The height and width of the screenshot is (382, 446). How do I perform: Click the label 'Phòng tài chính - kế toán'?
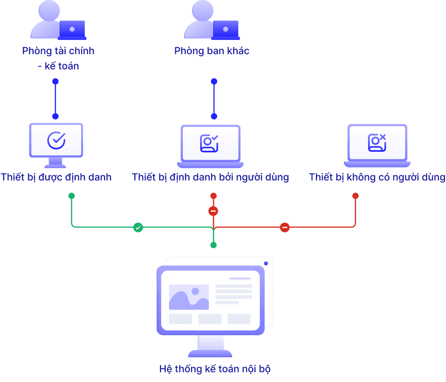(x=58, y=58)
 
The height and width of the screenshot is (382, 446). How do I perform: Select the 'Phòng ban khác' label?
(x=212, y=51)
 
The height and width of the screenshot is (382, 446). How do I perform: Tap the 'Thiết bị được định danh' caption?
(x=56, y=177)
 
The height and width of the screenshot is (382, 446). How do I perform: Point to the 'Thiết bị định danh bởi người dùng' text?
(x=210, y=177)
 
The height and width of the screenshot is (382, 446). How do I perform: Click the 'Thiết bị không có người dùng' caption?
(x=377, y=177)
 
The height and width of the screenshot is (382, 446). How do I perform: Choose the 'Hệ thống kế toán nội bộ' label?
(x=215, y=369)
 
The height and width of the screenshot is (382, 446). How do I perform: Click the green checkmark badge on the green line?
(x=138, y=227)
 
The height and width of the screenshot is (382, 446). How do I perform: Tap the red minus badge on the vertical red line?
(x=213, y=211)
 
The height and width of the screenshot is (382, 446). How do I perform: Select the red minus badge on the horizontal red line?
(x=285, y=227)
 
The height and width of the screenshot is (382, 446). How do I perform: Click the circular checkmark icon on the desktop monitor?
(x=56, y=140)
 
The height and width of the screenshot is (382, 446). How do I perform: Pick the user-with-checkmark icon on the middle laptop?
(x=209, y=143)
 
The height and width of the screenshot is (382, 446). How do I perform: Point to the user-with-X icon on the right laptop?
(x=377, y=143)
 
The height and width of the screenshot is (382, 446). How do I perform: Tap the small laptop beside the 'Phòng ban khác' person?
(x=226, y=30)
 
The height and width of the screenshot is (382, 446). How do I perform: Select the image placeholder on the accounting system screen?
(x=189, y=297)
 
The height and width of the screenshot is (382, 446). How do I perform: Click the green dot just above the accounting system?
(x=213, y=245)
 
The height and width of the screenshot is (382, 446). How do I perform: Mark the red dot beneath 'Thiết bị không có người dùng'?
(x=355, y=196)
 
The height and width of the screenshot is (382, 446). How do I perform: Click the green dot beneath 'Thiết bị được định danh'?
(x=71, y=196)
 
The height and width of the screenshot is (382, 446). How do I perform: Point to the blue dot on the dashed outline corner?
(x=266, y=263)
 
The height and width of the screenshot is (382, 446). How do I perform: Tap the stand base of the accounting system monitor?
(x=210, y=353)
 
